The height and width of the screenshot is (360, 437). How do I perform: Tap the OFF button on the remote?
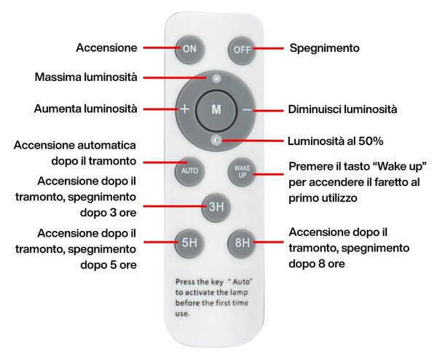coord(242,50)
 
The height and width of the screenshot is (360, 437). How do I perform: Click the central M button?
coord(216,109)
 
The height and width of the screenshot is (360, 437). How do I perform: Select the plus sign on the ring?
coord(184,109)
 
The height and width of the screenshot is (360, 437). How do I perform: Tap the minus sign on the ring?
coord(247,110)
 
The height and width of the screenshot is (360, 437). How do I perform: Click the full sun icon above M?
coord(216,79)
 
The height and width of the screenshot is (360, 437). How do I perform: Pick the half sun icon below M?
coord(216,140)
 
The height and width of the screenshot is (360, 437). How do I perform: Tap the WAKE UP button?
coord(242,171)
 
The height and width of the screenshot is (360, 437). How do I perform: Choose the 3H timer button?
coord(216,207)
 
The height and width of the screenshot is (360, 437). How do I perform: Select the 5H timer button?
coord(189,243)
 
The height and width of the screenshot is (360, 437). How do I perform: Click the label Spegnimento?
coord(324,48)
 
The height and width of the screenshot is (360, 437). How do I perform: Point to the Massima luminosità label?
coord(86,77)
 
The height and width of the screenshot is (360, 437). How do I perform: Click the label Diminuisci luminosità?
coord(342,109)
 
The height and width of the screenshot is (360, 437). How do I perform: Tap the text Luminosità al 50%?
coord(335,141)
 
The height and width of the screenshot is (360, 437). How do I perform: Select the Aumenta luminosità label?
coord(85,109)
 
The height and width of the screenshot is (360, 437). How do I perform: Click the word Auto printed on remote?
coord(241,281)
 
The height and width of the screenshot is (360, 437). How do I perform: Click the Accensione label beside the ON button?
coord(107,47)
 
